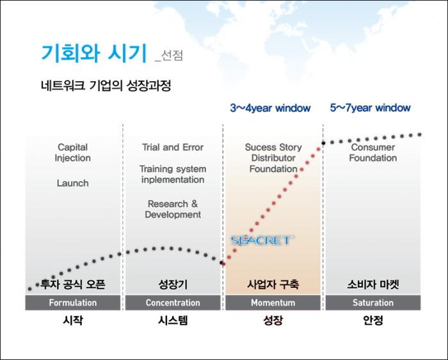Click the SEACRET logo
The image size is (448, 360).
point(262,240)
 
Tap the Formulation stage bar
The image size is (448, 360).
point(73,302)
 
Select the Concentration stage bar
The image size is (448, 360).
point(173,302)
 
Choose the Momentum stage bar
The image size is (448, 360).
point(273,302)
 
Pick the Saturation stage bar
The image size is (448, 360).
point(373,302)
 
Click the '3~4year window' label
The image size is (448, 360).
point(270,108)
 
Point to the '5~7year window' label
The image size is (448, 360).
point(371,108)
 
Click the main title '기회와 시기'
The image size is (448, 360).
point(94,53)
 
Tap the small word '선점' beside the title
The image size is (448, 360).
point(172,56)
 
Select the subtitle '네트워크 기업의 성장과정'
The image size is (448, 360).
point(106,85)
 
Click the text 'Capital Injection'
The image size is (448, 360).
point(73,152)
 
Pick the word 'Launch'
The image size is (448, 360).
point(73,183)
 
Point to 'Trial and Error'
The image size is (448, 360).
point(173,147)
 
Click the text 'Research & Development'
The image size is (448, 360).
point(173,209)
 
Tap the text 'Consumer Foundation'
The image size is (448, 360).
point(373,152)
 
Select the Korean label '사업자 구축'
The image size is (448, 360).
point(273,285)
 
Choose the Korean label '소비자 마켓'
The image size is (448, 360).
point(373,285)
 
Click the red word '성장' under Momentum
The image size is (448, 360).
point(273,320)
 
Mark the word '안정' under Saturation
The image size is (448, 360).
point(373,320)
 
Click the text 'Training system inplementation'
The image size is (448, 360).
point(173,174)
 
